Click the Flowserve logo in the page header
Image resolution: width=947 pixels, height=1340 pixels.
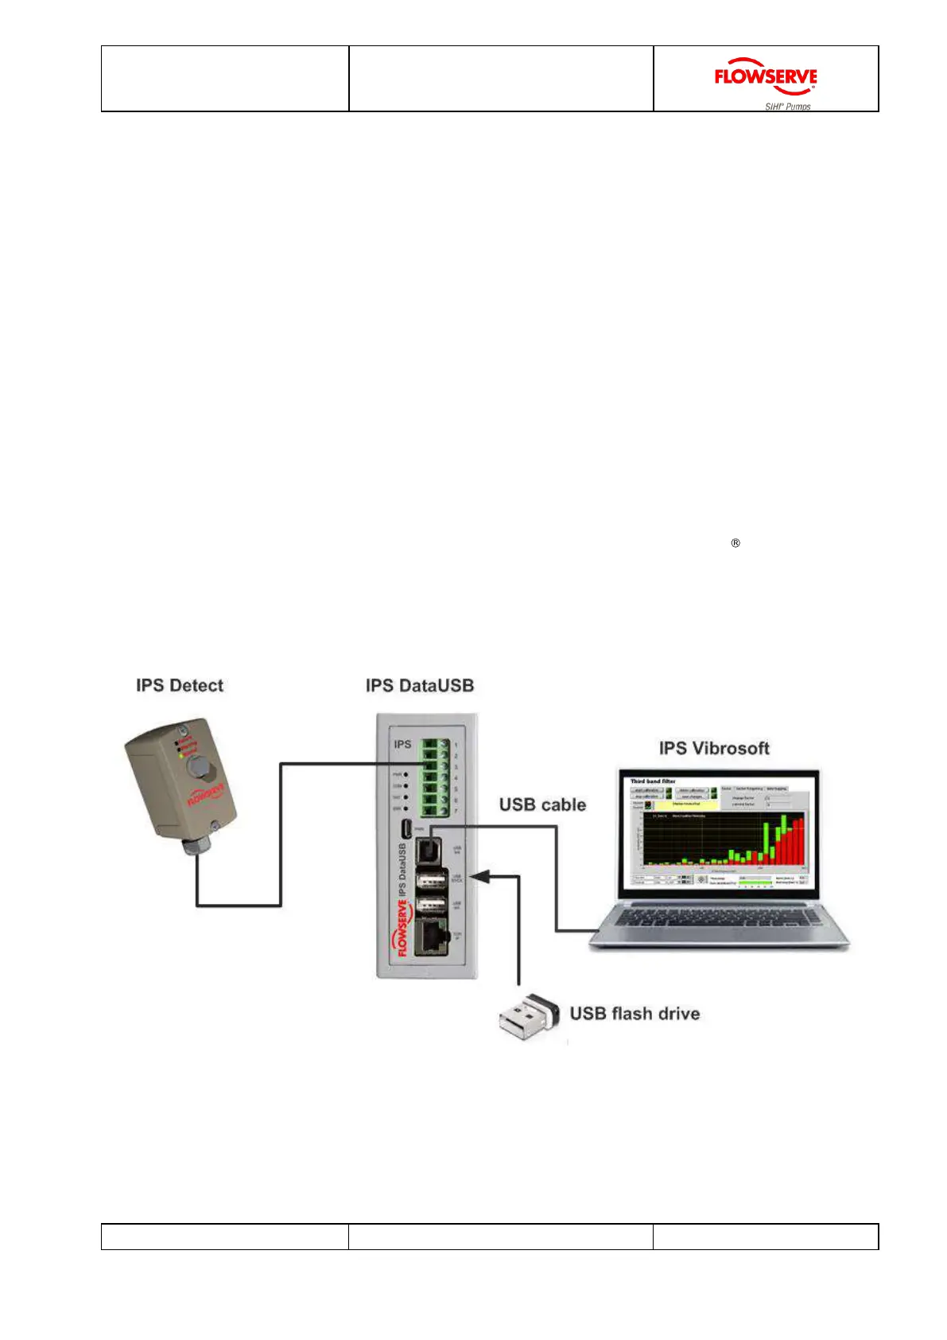(765, 77)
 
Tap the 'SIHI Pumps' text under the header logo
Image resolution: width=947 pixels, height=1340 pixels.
(787, 107)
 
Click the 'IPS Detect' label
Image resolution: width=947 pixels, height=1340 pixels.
(180, 685)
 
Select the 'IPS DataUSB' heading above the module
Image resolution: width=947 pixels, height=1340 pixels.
(420, 685)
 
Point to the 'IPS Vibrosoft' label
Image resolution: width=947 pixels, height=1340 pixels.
(714, 748)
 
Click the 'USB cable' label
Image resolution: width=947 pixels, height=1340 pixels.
(542, 804)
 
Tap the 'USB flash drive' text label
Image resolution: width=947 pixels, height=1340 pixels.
(635, 1013)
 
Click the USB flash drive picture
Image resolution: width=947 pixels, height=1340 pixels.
(528, 1015)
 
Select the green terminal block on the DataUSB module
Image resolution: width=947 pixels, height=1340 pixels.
(435, 777)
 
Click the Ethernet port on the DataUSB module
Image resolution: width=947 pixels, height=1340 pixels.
(432, 937)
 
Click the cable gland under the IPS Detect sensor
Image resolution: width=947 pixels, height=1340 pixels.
(194, 845)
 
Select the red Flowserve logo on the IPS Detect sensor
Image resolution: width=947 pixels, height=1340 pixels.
(206, 794)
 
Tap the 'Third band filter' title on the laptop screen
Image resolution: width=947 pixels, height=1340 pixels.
(653, 781)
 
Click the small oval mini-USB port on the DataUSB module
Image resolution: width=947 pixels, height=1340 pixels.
(407, 827)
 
